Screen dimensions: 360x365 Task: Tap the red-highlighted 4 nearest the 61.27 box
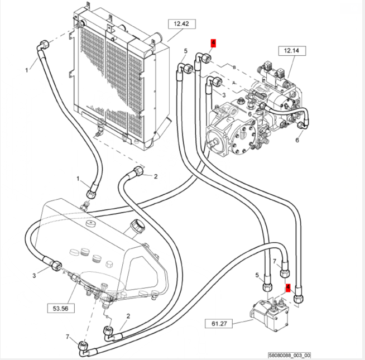(x=289, y=288)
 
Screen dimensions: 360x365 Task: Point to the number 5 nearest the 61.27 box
(x=258, y=275)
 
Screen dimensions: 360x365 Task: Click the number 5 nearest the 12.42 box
(x=185, y=51)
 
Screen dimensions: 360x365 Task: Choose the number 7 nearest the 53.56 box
(x=68, y=336)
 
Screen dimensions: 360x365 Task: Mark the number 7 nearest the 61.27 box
(x=275, y=261)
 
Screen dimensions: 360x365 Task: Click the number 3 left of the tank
(x=34, y=275)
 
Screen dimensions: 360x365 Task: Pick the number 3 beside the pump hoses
(x=223, y=95)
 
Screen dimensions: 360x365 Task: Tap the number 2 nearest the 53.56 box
(x=128, y=316)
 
